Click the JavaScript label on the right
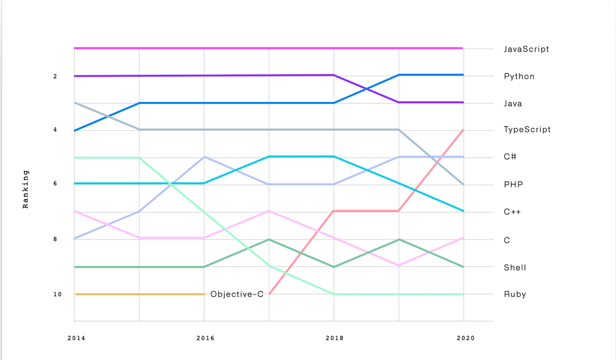coord(526,49)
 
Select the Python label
coord(519,76)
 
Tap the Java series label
coord(513,103)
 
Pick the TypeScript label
coord(527,130)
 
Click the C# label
coord(510,157)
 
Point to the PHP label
coord(513,184)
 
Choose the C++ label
coord(513,211)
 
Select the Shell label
coord(515,267)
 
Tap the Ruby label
coord(515,294)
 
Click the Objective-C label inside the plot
coord(237,294)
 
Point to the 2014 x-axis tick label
coord(76,338)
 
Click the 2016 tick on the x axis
coord(205,338)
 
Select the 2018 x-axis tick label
coord(335,338)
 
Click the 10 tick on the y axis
coord(57,294)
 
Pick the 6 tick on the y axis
coord(55,184)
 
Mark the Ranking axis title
coord(26,189)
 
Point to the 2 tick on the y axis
coord(55,76)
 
